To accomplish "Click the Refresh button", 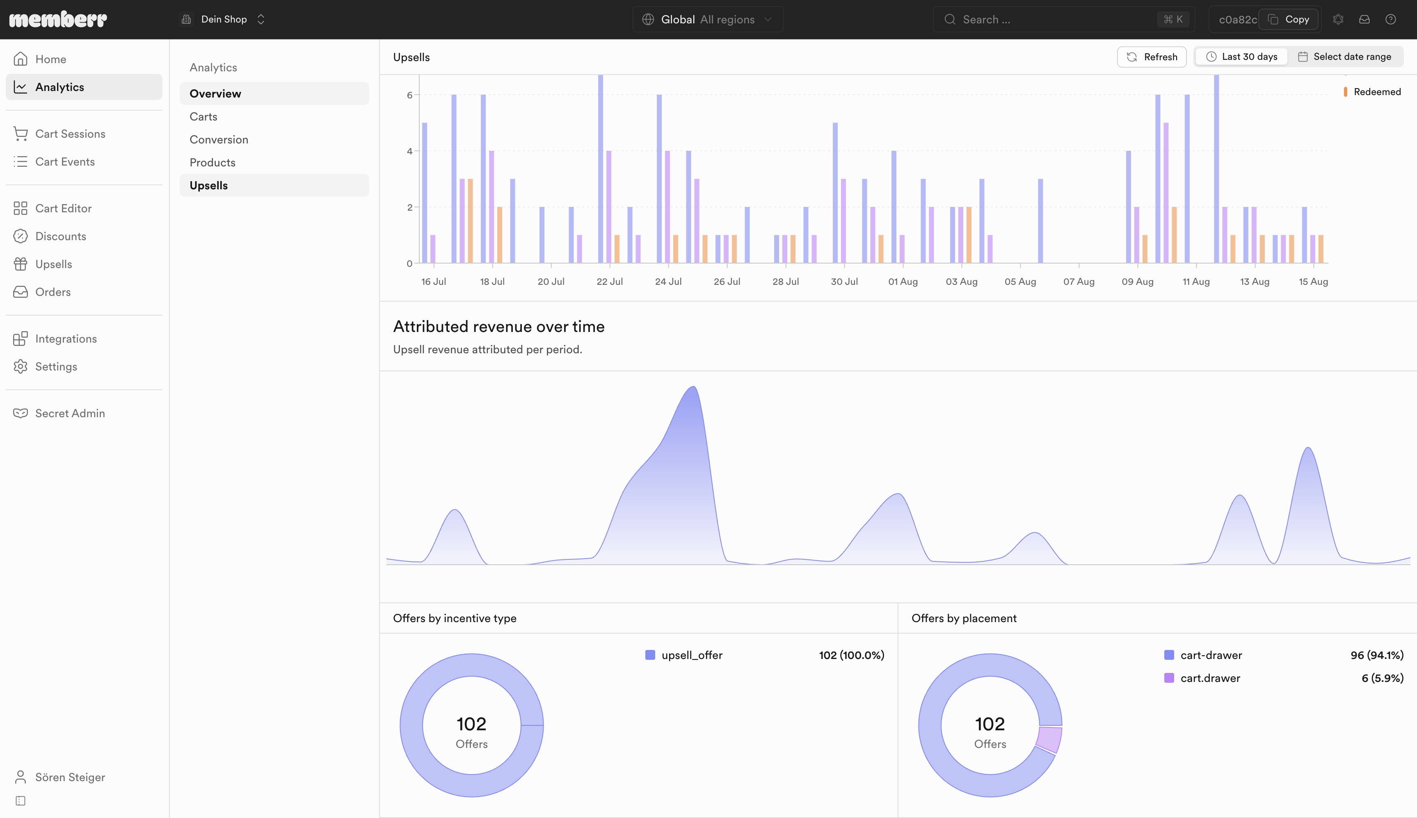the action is tap(1152, 57).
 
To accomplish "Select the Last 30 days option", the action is tap(1241, 57).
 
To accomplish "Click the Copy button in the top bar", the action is tap(1288, 20).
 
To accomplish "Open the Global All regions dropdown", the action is tap(707, 20).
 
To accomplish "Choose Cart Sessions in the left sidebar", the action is tap(70, 134).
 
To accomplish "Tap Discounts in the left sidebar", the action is tap(61, 236).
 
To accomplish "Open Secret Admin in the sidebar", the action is tap(70, 414).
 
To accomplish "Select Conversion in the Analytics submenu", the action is tap(219, 139).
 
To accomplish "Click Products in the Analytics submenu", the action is tap(213, 162).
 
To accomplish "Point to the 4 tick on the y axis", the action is tap(410, 151).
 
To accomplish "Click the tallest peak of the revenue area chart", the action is tap(693, 387).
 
